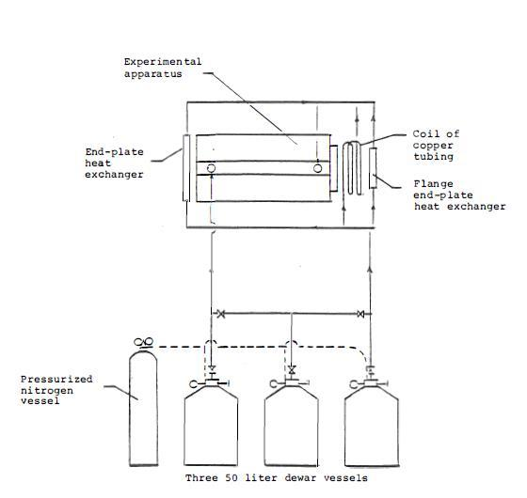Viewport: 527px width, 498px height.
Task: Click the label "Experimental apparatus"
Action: click(x=163, y=68)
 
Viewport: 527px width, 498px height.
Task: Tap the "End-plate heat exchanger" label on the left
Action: click(x=114, y=163)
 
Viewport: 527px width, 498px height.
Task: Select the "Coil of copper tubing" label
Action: click(x=436, y=145)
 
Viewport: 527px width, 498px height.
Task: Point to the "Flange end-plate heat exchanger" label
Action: click(x=459, y=195)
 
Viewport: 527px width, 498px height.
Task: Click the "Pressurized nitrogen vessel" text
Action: click(x=56, y=390)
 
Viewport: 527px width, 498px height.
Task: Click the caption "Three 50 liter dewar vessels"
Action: click(x=277, y=478)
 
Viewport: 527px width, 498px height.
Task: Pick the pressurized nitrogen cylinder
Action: click(x=143, y=407)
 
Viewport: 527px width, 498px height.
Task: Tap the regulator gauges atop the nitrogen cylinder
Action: click(x=143, y=342)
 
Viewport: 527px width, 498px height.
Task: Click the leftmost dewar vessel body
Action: click(x=211, y=426)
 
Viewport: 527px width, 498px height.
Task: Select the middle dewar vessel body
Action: click(x=291, y=426)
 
